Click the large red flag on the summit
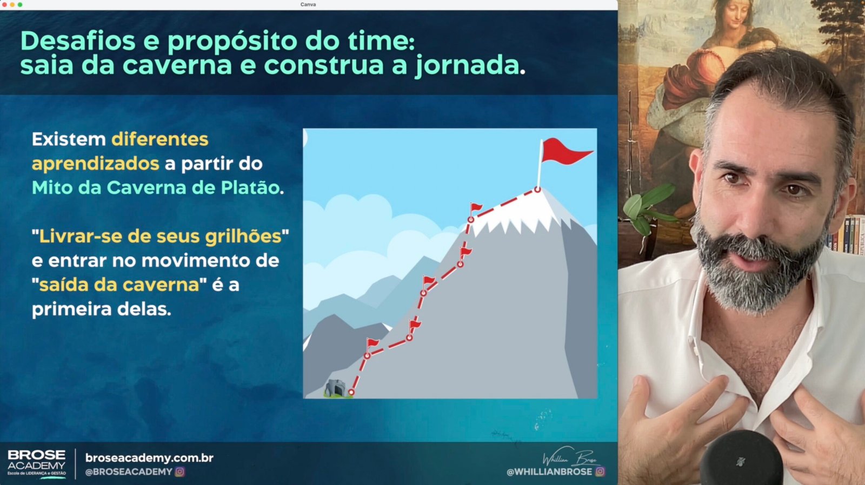tap(564, 152)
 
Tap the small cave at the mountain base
tap(335, 388)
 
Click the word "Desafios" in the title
tap(78, 41)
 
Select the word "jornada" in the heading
tap(467, 65)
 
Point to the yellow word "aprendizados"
tap(95, 164)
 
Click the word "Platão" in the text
tap(250, 188)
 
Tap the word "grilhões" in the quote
tap(243, 237)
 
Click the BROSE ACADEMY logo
tap(37, 463)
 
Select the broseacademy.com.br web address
tap(149, 458)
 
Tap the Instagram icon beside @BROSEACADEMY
tap(179, 472)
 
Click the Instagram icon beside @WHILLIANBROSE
tap(600, 472)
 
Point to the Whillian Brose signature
tap(571, 457)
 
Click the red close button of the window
tap(5, 5)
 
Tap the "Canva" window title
tap(308, 5)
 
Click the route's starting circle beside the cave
tap(351, 393)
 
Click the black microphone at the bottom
tap(741, 459)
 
